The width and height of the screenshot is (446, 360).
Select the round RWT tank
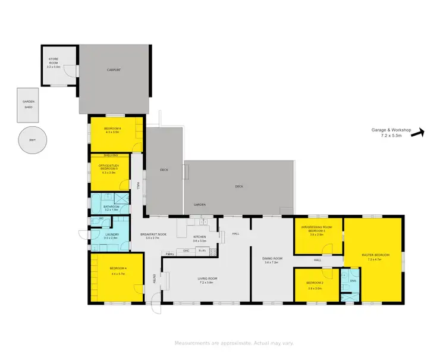pyautogui.click(x=32, y=140)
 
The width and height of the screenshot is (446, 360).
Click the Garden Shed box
pyautogui.click(x=29, y=104)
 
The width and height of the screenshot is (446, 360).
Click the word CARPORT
pyautogui.click(x=114, y=70)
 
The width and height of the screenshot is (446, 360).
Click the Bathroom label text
pyautogui.click(x=111, y=206)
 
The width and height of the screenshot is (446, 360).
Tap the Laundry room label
pyautogui.click(x=111, y=234)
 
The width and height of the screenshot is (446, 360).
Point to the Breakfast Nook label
pyautogui.click(x=153, y=234)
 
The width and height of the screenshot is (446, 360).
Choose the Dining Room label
pyautogui.click(x=272, y=258)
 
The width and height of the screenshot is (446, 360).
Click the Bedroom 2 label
pyautogui.click(x=315, y=283)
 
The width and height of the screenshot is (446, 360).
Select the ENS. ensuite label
pyautogui.click(x=352, y=280)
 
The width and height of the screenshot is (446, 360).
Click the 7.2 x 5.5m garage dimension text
pyautogui.click(x=391, y=136)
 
